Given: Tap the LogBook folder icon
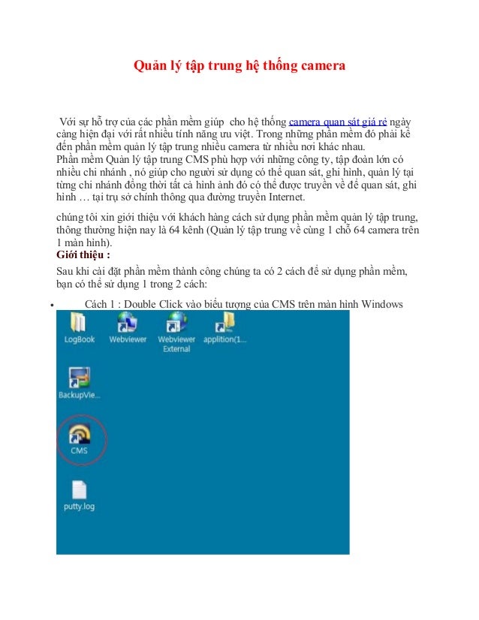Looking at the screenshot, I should click(79, 324).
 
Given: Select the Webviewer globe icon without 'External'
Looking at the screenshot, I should click(127, 323).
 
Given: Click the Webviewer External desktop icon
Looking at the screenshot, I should click(176, 323).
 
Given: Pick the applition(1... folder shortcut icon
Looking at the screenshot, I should click(225, 323).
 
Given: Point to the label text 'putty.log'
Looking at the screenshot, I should click(79, 507).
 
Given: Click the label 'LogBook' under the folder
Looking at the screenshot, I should click(80, 340).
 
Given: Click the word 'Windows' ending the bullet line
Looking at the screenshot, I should click(384, 304).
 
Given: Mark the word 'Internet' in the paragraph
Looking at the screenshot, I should click(284, 198).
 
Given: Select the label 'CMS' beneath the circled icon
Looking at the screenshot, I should click(79, 450).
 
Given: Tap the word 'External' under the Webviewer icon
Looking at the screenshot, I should click(176, 349).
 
